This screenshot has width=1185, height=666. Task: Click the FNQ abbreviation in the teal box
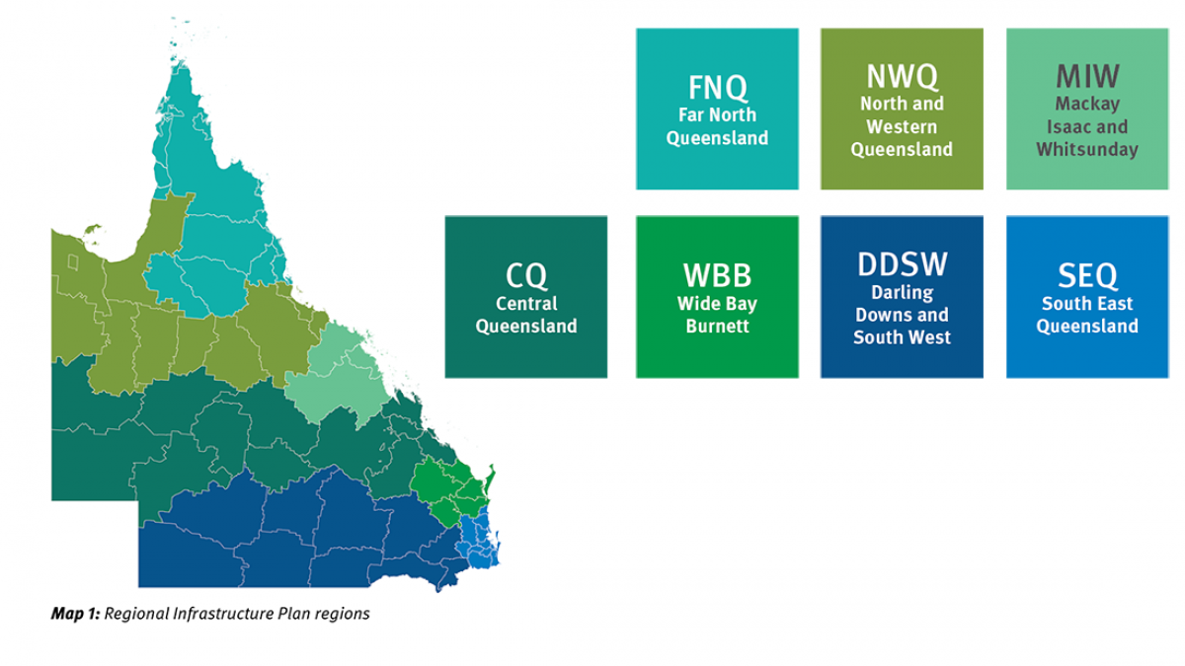[717, 87]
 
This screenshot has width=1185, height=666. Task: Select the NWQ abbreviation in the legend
[902, 76]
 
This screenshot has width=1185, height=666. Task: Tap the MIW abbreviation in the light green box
[1087, 76]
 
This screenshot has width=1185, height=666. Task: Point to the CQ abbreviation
[525, 275]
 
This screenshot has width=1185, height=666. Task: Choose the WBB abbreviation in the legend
[717, 275]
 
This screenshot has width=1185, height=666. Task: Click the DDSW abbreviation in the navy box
[902, 264]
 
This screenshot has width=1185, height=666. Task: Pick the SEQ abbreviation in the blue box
[1087, 275]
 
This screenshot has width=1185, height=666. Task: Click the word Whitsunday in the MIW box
[1087, 150]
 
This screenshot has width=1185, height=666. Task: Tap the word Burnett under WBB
[717, 327]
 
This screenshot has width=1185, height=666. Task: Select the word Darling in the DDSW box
[902, 292]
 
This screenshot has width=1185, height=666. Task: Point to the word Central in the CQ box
[525, 303]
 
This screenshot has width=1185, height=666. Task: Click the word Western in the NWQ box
[902, 126]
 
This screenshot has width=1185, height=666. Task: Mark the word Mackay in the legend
[1087, 103]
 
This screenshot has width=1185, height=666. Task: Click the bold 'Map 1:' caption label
[75, 614]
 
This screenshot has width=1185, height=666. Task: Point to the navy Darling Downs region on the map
[296, 533]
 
